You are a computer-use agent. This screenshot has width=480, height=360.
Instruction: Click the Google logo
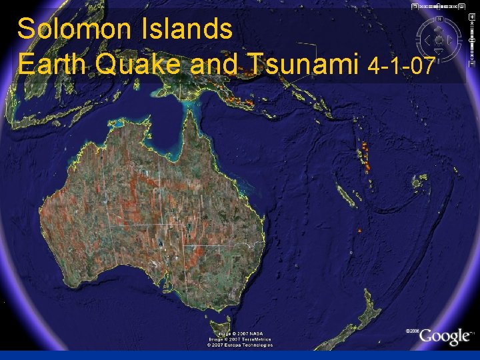click(x=444, y=337)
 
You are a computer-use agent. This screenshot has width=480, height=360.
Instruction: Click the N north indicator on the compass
click(x=439, y=19)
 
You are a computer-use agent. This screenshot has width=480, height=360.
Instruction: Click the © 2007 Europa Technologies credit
click(x=239, y=345)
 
